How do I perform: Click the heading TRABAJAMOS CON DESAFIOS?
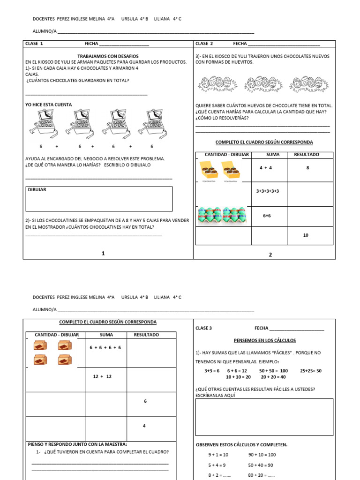point(108,56)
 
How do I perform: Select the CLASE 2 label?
point(204,44)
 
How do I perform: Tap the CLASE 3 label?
point(203,328)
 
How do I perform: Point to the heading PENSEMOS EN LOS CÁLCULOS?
point(264,340)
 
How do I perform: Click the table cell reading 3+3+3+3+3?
point(268,191)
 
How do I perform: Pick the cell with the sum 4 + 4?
point(265,167)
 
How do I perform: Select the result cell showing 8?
point(307,167)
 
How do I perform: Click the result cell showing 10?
point(306,235)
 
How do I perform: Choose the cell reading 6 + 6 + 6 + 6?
point(105,348)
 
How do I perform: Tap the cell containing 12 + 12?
point(103,376)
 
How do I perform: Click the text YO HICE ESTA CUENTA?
point(49,105)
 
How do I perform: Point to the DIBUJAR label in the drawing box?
point(37,190)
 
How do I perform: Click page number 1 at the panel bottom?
point(103,254)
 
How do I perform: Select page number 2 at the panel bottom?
point(270,255)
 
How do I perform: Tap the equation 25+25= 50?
point(311,370)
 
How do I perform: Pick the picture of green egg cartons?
point(222,216)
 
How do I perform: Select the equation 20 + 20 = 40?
point(273,377)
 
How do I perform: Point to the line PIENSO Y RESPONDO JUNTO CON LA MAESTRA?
point(77,444)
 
